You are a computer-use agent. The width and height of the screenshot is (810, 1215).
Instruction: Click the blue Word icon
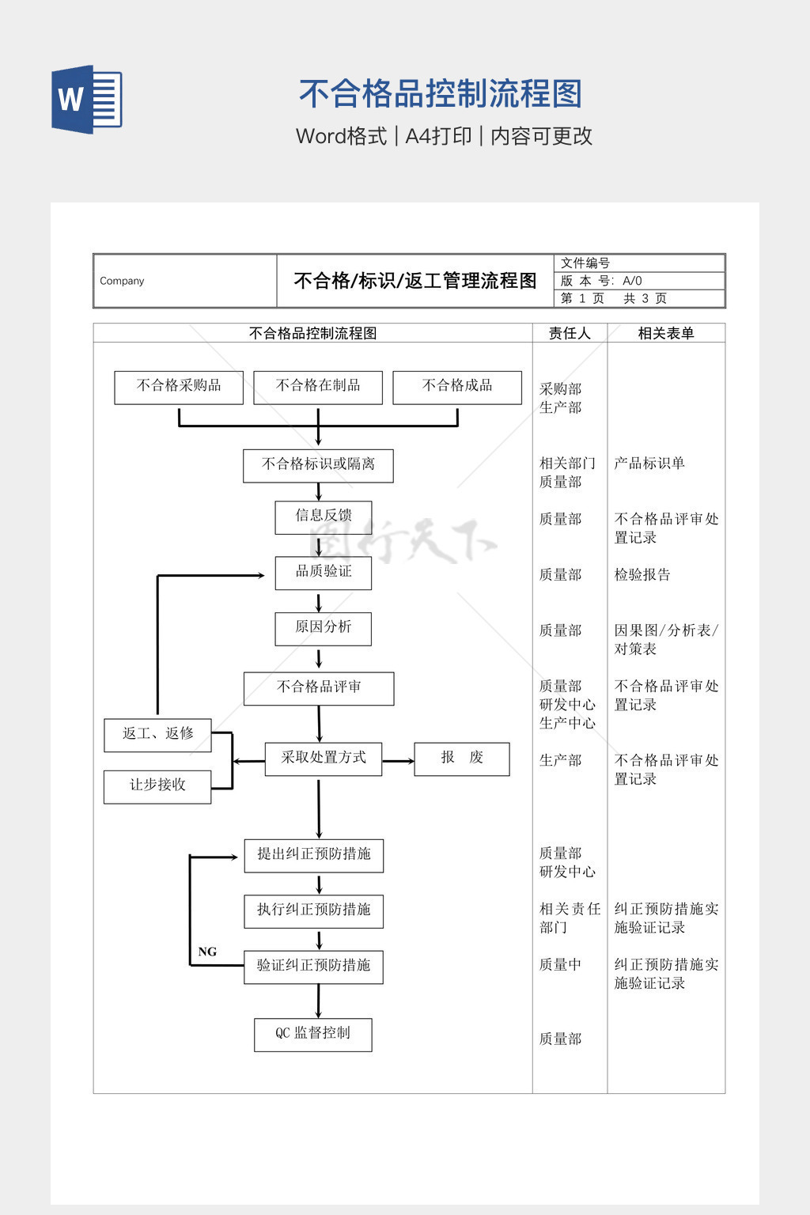pos(87,99)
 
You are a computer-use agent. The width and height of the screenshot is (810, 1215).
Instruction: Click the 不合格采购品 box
pos(179,388)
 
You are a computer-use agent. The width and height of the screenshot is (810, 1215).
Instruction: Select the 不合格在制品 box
pos(318,388)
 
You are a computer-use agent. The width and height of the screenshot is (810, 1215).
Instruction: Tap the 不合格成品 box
pos(457,388)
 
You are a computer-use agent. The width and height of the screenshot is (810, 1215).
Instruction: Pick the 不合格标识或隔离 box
pos(318,465)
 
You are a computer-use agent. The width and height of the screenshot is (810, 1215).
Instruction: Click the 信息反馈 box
pos(324,517)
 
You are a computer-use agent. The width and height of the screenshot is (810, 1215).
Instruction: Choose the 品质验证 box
pos(324,573)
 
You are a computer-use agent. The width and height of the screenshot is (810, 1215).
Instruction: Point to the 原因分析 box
pos(324,628)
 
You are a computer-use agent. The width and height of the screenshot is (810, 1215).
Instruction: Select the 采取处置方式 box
pos(324,759)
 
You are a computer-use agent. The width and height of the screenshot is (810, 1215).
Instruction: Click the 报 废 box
pos(462,759)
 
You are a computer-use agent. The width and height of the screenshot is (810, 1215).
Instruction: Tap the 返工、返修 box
pos(157,735)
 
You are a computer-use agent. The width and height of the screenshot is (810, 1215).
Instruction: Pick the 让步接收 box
pos(157,786)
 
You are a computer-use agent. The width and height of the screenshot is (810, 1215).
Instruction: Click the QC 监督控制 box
pos(313,1035)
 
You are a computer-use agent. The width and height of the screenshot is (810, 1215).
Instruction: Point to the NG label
pos(207,952)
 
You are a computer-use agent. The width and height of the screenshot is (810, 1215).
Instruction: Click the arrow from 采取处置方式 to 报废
pos(398,761)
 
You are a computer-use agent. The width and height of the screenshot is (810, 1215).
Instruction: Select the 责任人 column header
pos(570,333)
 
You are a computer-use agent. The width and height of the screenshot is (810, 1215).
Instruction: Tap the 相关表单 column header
pos(666,333)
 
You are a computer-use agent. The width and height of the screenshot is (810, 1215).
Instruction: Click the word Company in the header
pos(122,281)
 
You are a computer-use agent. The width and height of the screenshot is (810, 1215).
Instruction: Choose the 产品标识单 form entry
pos(649,464)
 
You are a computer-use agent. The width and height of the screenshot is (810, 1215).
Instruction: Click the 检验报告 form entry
pos(642,575)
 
